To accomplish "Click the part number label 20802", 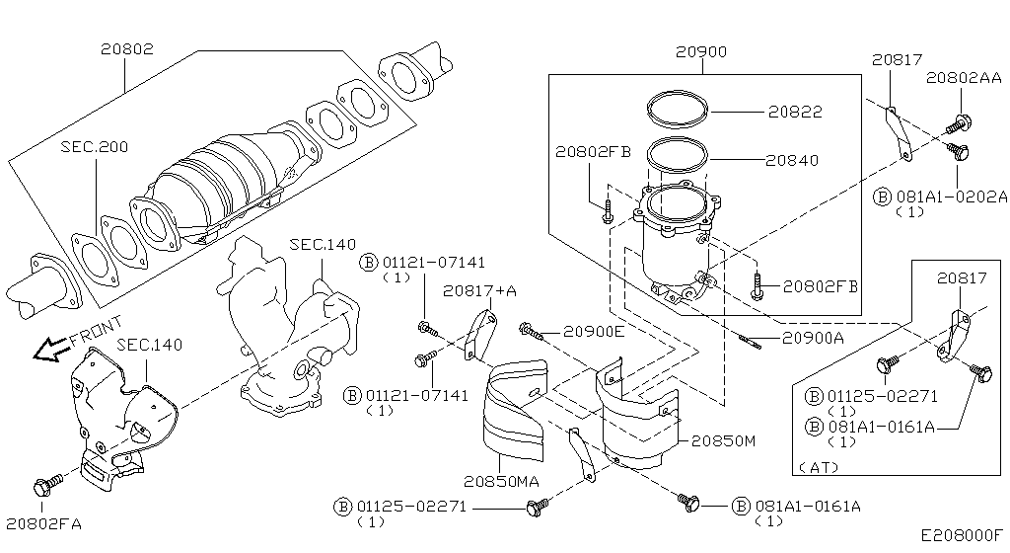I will coord(125,46).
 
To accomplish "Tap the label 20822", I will coord(795,113).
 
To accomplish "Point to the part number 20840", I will coord(793,160).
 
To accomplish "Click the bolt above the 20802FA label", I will coord(45,486).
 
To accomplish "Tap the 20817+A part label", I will coord(479,290).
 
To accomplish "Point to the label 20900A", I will coord(813,338).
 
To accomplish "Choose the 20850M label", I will coord(722,440).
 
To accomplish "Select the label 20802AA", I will coord(963,77).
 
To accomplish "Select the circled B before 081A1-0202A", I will coord(882,197).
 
